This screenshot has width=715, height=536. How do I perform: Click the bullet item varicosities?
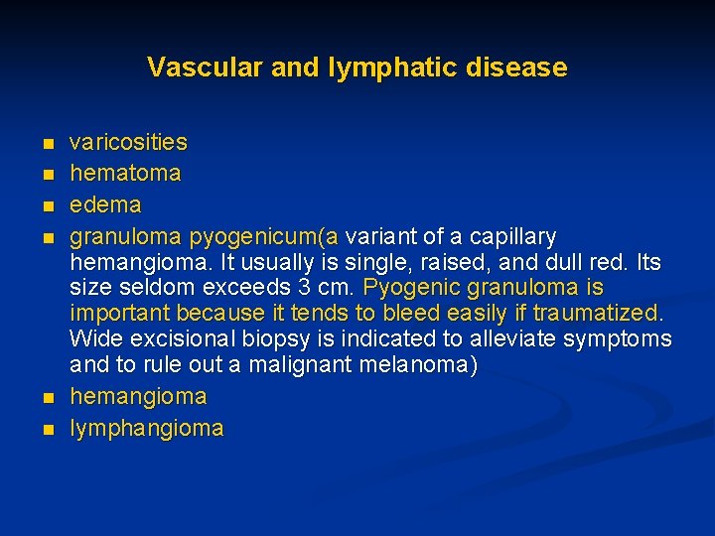pyautogui.click(x=128, y=143)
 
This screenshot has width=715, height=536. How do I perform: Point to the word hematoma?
pyautogui.click(x=125, y=174)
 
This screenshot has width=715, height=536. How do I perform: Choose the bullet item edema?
pyautogui.click(x=105, y=205)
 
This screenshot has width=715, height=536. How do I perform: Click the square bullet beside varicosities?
pyautogui.click(x=48, y=144)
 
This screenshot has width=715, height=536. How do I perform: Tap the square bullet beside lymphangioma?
pyautogui.click(x=48, y=430)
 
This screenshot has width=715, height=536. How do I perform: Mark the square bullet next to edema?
pyautogui.click(x=48, y=206)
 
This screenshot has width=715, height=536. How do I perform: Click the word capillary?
pyautogui.click(x=512, y=237)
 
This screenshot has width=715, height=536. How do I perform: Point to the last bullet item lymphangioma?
pyautogui.click(x=146, y=429)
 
